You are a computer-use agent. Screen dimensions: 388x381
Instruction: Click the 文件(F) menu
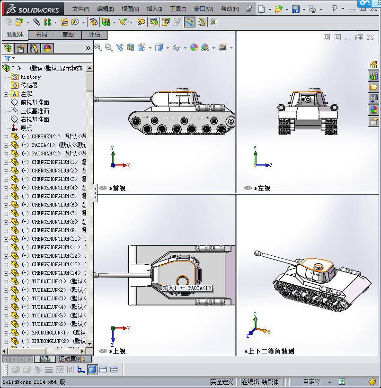(80, 9)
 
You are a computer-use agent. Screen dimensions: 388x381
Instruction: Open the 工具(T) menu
(178, 9)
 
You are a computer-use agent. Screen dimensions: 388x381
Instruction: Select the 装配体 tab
(15, 35)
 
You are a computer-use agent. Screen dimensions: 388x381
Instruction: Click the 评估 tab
(95, 35)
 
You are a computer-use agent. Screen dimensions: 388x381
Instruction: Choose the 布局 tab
(42, 35)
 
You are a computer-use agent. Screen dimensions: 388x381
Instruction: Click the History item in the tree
(30, 77)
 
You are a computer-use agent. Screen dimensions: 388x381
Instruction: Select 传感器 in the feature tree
(29, 85)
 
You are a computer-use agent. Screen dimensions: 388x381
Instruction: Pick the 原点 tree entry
(26, 128)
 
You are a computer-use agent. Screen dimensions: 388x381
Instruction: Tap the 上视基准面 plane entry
(35, 111)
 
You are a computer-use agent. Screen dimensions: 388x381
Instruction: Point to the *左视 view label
(262, 188)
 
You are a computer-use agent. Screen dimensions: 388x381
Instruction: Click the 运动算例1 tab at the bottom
(72, 359)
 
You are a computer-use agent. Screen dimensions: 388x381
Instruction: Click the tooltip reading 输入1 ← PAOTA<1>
(186, 288)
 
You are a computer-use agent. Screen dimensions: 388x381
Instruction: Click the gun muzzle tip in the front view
(96, 99)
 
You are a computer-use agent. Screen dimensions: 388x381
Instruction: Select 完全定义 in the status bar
(222, 382)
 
